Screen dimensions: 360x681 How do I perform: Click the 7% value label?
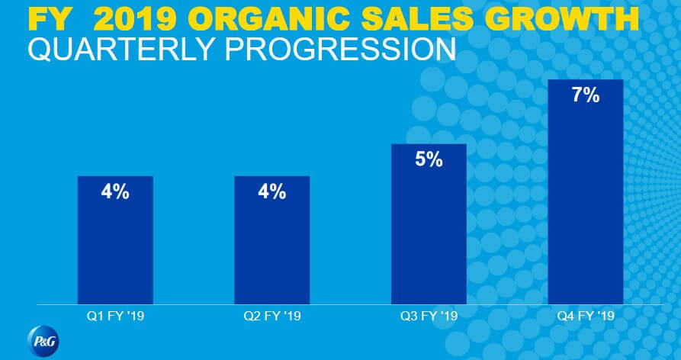click(x=586, y=97)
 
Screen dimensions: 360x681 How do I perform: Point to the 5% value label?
click(x=429, y=161)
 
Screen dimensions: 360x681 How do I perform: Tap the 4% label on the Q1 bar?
click(x=115, y=192)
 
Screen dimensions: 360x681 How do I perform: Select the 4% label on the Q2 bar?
click(x=272, y=192)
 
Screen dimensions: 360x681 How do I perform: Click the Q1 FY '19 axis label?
click(x=115, y=315)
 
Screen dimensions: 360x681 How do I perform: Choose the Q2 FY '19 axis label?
click(x=272, y=315)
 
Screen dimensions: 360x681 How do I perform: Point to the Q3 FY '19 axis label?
click(x=429, y=315)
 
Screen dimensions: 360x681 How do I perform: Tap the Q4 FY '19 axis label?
click(x=586, y=315)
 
